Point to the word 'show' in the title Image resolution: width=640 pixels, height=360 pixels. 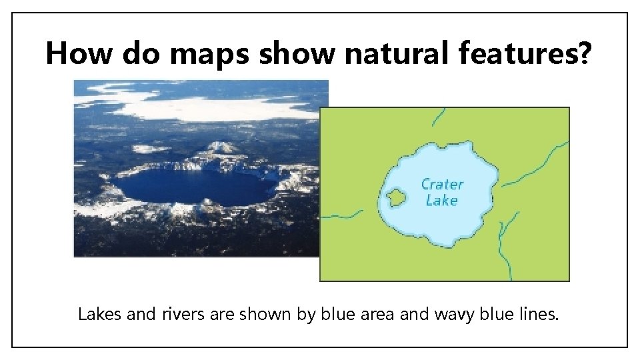[298, 53]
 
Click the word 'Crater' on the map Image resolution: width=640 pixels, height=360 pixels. [442, 185]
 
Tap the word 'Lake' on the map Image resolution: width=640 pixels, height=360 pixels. [441, 200]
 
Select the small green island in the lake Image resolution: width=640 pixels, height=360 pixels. [397, 197]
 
